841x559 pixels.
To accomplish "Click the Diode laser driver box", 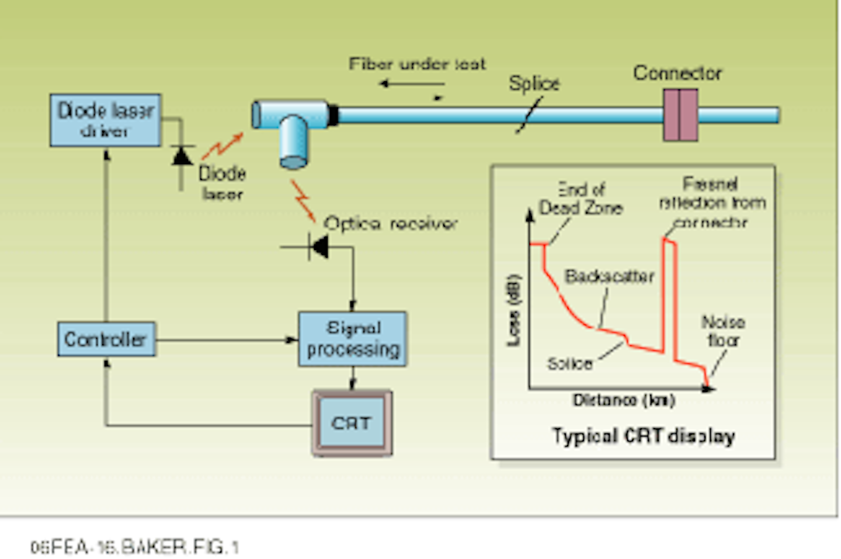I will (105, 120).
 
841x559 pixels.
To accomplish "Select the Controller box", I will (106, 339).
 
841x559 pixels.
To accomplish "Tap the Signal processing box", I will (353, 339).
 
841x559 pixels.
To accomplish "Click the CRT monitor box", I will (352, 423).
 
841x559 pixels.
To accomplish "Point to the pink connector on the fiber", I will (680, 115).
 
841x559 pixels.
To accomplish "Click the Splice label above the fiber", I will (534, 84).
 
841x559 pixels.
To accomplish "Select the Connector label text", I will (677, 73).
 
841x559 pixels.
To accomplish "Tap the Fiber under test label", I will (417, 64).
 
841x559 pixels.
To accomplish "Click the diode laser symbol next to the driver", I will (182, 156).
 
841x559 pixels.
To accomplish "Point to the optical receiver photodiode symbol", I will (319, 247).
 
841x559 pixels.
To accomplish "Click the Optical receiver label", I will (390, 223).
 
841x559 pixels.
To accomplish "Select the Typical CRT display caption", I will (643, 436).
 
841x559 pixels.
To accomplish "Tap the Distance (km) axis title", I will (624, 400).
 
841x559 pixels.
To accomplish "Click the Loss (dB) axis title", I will (513, 310).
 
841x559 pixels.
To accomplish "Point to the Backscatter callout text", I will (609, 276).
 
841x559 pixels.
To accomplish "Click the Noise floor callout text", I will (723, 331).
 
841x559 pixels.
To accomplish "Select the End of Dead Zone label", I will (581, 199).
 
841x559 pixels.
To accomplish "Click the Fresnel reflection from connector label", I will (711, 203).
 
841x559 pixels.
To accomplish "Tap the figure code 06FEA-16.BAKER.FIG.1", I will (134, 547).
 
